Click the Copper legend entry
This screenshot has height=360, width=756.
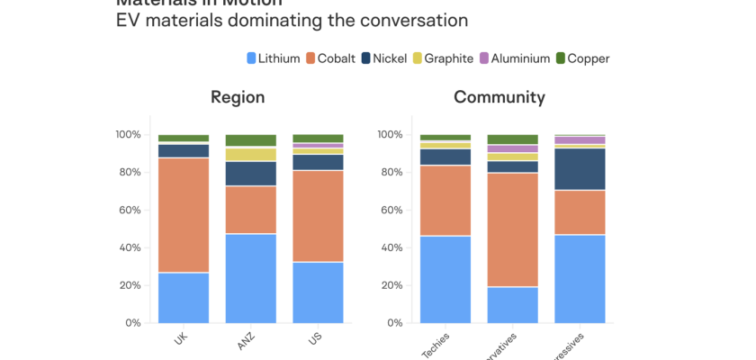(581, 58)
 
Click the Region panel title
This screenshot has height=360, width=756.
(238, 97)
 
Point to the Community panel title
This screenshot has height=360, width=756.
(499, 97)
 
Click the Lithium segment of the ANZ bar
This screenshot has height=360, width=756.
(251, 278)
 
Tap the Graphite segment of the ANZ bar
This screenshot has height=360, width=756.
(251, 154)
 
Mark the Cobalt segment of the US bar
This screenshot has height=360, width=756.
(318, 216)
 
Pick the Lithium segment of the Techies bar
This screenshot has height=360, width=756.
(445, 279)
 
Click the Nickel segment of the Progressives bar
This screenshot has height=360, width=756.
(580, 169)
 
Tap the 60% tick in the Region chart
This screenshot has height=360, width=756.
(127, 211)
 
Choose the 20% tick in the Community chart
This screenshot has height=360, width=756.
(389, 285)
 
